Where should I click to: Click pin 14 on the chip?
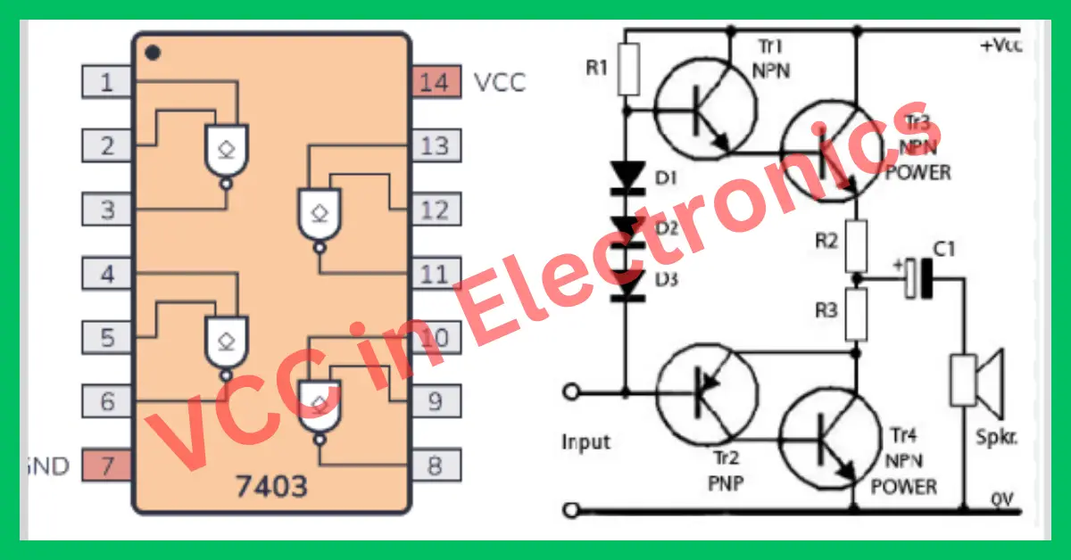coord(436,83)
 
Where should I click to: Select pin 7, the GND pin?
coord(107,465)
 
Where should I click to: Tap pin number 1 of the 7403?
coord(107,83)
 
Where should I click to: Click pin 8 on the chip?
coord(436,465)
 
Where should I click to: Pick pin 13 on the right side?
coord(436,145)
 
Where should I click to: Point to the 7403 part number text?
coord(271,486)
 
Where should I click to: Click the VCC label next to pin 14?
coord(500,83)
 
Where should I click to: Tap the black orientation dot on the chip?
coord(154,53)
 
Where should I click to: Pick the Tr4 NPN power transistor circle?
coord(832,438)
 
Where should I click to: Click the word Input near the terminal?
coord(586,442)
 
